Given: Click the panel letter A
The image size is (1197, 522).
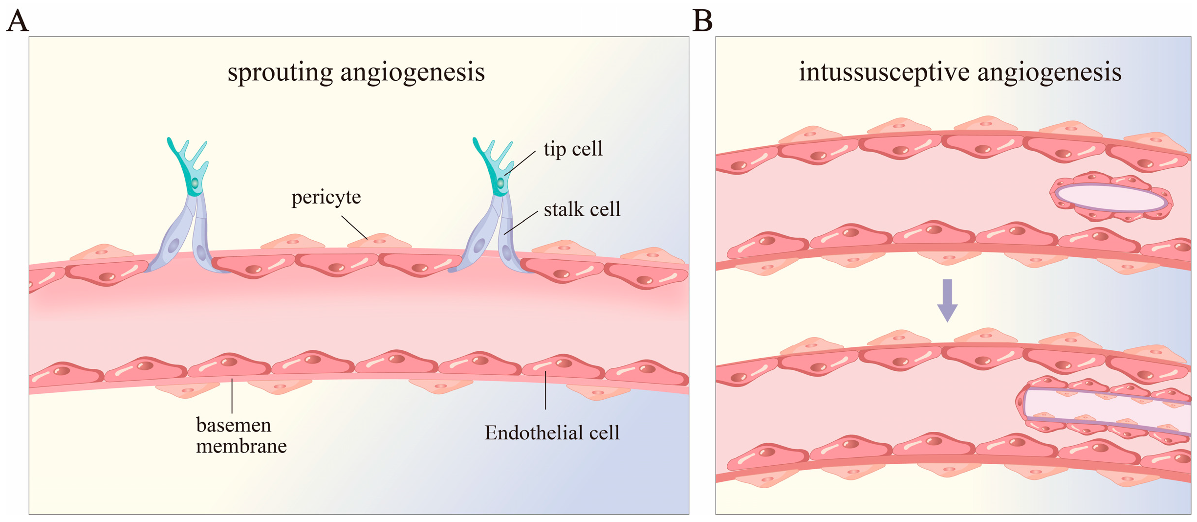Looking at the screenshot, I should coord(18,22).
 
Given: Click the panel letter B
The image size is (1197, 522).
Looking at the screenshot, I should coord(702,22).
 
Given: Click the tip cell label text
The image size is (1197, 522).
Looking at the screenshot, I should coord(573,149).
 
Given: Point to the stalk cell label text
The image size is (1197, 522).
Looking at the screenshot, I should coord(582,209).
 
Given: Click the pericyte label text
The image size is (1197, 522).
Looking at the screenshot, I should coord(326,197).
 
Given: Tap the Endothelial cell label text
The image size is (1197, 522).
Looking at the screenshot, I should coord(552,433).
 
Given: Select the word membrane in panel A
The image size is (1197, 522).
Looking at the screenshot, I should coord(241,446).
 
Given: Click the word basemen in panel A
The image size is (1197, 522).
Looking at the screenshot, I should coord(233,425).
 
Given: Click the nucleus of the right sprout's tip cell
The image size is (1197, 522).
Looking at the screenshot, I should coord(500,183).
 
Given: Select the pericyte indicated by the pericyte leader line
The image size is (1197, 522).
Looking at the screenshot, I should coord(379,241).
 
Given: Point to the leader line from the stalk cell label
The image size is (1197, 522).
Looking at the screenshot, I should coord(521,223).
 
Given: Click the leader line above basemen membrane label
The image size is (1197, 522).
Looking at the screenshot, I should coord(232,396).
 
